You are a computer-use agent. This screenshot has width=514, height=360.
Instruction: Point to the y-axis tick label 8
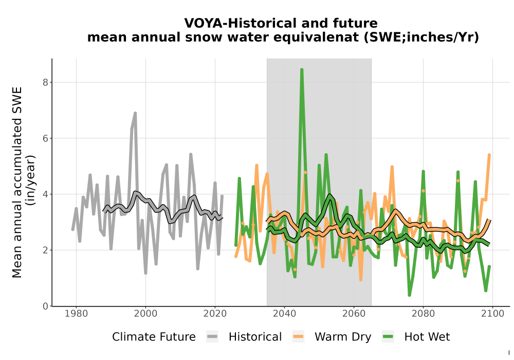point(46,82)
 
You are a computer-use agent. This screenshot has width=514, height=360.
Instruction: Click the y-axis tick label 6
point(46,138)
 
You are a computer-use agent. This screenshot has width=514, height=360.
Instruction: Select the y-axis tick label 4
point(46,194)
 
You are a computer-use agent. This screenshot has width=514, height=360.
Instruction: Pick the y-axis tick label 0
point(46,306)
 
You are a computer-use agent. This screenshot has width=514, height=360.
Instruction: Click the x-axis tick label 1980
point(77,314)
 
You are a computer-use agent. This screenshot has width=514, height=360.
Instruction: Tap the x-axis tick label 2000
point(145,314)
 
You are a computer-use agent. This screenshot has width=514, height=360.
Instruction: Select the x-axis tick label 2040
point(284,314)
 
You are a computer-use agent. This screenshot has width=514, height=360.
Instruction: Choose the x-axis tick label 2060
point(354,314)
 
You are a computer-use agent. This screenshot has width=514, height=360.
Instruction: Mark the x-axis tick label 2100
point(492,314)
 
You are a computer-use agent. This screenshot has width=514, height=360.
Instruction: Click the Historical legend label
point(255,337)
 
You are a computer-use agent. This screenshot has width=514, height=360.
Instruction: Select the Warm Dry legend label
point(343,337)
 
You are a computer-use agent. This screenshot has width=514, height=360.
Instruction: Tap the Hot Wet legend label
point(427,337)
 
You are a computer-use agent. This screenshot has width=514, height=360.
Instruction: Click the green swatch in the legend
point(388,337)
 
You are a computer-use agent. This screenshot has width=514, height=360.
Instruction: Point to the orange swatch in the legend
point(298,337)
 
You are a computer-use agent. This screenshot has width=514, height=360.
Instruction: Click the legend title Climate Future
point(154,337)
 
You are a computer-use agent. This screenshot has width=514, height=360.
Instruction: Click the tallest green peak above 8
point(302,70)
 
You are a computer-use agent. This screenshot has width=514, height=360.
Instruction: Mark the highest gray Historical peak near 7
point(135,114)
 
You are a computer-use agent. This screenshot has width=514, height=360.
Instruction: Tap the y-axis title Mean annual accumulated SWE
point(17,183)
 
